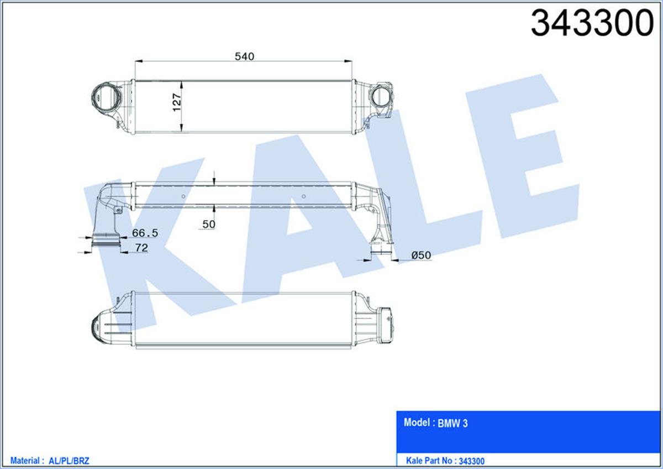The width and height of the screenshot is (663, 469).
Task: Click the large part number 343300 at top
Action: (592, 23)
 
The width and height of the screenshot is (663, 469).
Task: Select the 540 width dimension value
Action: (244, 56)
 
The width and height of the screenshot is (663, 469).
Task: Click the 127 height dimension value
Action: (177, 102)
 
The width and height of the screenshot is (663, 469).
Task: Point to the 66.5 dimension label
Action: (145, 233)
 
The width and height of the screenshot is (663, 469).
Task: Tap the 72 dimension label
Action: (141, 247)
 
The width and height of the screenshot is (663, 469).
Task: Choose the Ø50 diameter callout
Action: (421, 255)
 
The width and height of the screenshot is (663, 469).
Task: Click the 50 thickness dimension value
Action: (209, 225)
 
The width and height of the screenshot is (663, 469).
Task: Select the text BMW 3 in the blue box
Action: (452, 424)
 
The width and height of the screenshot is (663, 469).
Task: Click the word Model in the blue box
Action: (417, 422)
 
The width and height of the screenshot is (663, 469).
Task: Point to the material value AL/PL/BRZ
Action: (69, 461)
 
